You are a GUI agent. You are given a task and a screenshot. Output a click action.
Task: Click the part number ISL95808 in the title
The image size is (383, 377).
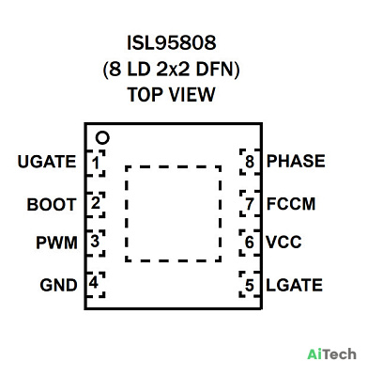click(x=172, y=42)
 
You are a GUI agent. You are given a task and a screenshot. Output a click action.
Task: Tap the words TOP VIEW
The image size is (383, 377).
click(x=172, y=94)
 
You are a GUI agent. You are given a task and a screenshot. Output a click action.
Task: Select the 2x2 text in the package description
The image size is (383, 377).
click(x=173, y=69)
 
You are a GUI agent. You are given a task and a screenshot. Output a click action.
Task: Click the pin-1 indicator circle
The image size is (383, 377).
click(x=102, y=138)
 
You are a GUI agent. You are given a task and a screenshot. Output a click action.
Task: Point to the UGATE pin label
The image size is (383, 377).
click(x=47, y=162)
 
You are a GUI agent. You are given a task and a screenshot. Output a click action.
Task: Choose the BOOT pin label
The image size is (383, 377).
click(x=52, y=205)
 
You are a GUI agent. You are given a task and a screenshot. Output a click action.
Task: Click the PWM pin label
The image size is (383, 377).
click(x=56, y=243)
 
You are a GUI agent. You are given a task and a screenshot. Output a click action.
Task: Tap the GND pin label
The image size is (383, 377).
click(x=58, y=285)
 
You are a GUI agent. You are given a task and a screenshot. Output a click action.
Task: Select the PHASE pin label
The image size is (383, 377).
click(x=296, y=161)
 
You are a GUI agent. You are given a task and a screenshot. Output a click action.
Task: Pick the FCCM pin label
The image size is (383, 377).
click(x=291, y=204)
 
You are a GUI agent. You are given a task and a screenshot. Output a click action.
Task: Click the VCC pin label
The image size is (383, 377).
click(x=283, y=243)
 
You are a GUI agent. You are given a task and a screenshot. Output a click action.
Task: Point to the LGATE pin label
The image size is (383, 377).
click(x=294, y=285)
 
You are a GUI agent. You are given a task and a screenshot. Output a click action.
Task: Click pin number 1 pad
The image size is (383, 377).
click(x=95, y=163)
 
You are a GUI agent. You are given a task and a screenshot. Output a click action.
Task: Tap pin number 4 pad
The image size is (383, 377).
click(x=95, y=284)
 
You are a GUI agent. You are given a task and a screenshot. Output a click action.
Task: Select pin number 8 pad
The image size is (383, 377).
click(x=250, y=162)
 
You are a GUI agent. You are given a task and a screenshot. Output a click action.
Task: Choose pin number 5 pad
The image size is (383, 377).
click(x=250, y=285)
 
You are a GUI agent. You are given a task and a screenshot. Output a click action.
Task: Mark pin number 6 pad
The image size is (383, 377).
click(x=250, y=243)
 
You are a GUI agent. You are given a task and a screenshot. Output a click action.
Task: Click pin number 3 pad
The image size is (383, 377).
click(x=95, y=243)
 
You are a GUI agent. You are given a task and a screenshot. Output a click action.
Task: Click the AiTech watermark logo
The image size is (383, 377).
click(x=331, y=354)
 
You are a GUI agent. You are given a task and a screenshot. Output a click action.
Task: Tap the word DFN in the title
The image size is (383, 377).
click(x=215, y=69)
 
